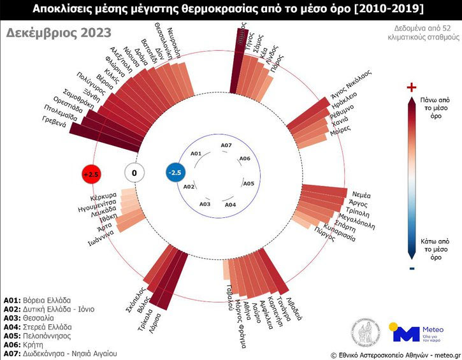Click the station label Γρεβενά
[x=55, y=120]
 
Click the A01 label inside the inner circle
[x=196, y=154]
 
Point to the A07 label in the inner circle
[x=226, y=146]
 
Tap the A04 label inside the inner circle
[x=230, y=205]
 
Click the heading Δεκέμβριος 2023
[x=58, y=33]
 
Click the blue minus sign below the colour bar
[x=412, y=268]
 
